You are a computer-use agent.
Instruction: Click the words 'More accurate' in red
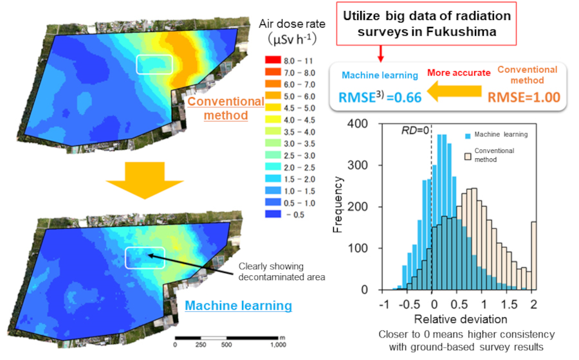(x=459, y=73)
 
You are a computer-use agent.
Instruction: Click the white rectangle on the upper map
(x=154, y=65)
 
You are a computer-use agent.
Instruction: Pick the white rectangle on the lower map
(x=145, y=257)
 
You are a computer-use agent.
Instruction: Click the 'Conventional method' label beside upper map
(x=226, y=109)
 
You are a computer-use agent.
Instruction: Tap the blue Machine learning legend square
(x=467, y=136)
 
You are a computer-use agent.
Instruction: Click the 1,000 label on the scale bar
(x=277, y=345)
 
